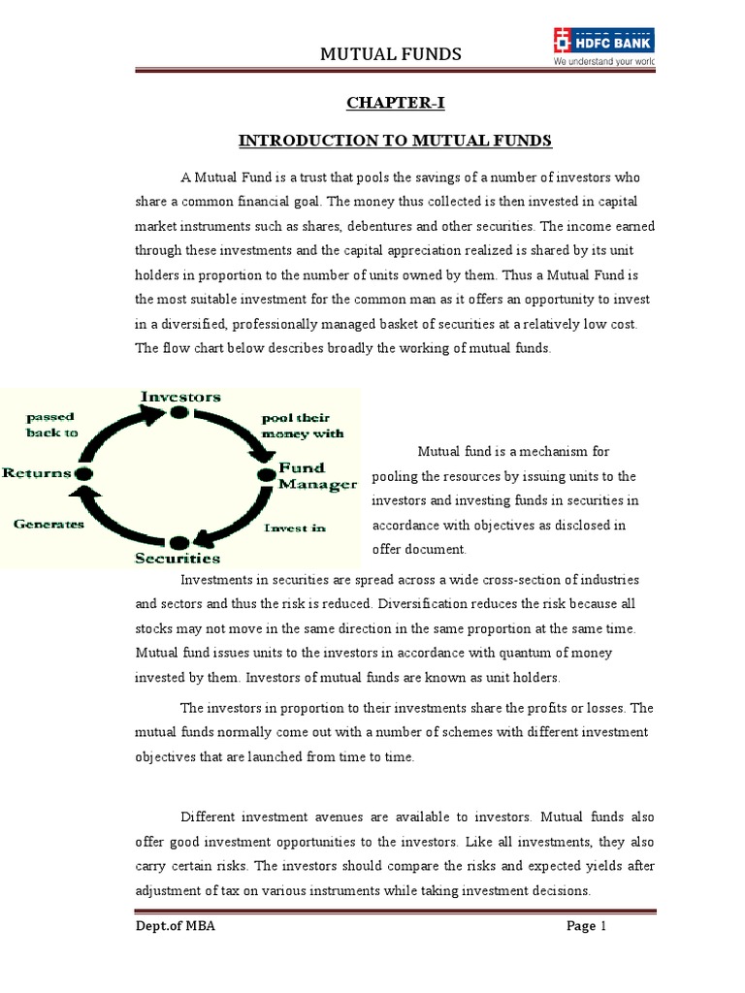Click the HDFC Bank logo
pos(602,40)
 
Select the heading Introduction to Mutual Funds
pos(395,142)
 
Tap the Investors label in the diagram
pos(180,397)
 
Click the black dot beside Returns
pos(83,472)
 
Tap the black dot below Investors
pos(178,412)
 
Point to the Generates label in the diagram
pos(49,524)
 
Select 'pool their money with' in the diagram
pos(302,425)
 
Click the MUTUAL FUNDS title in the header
pos(391,53)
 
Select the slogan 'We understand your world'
pos(603,60)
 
